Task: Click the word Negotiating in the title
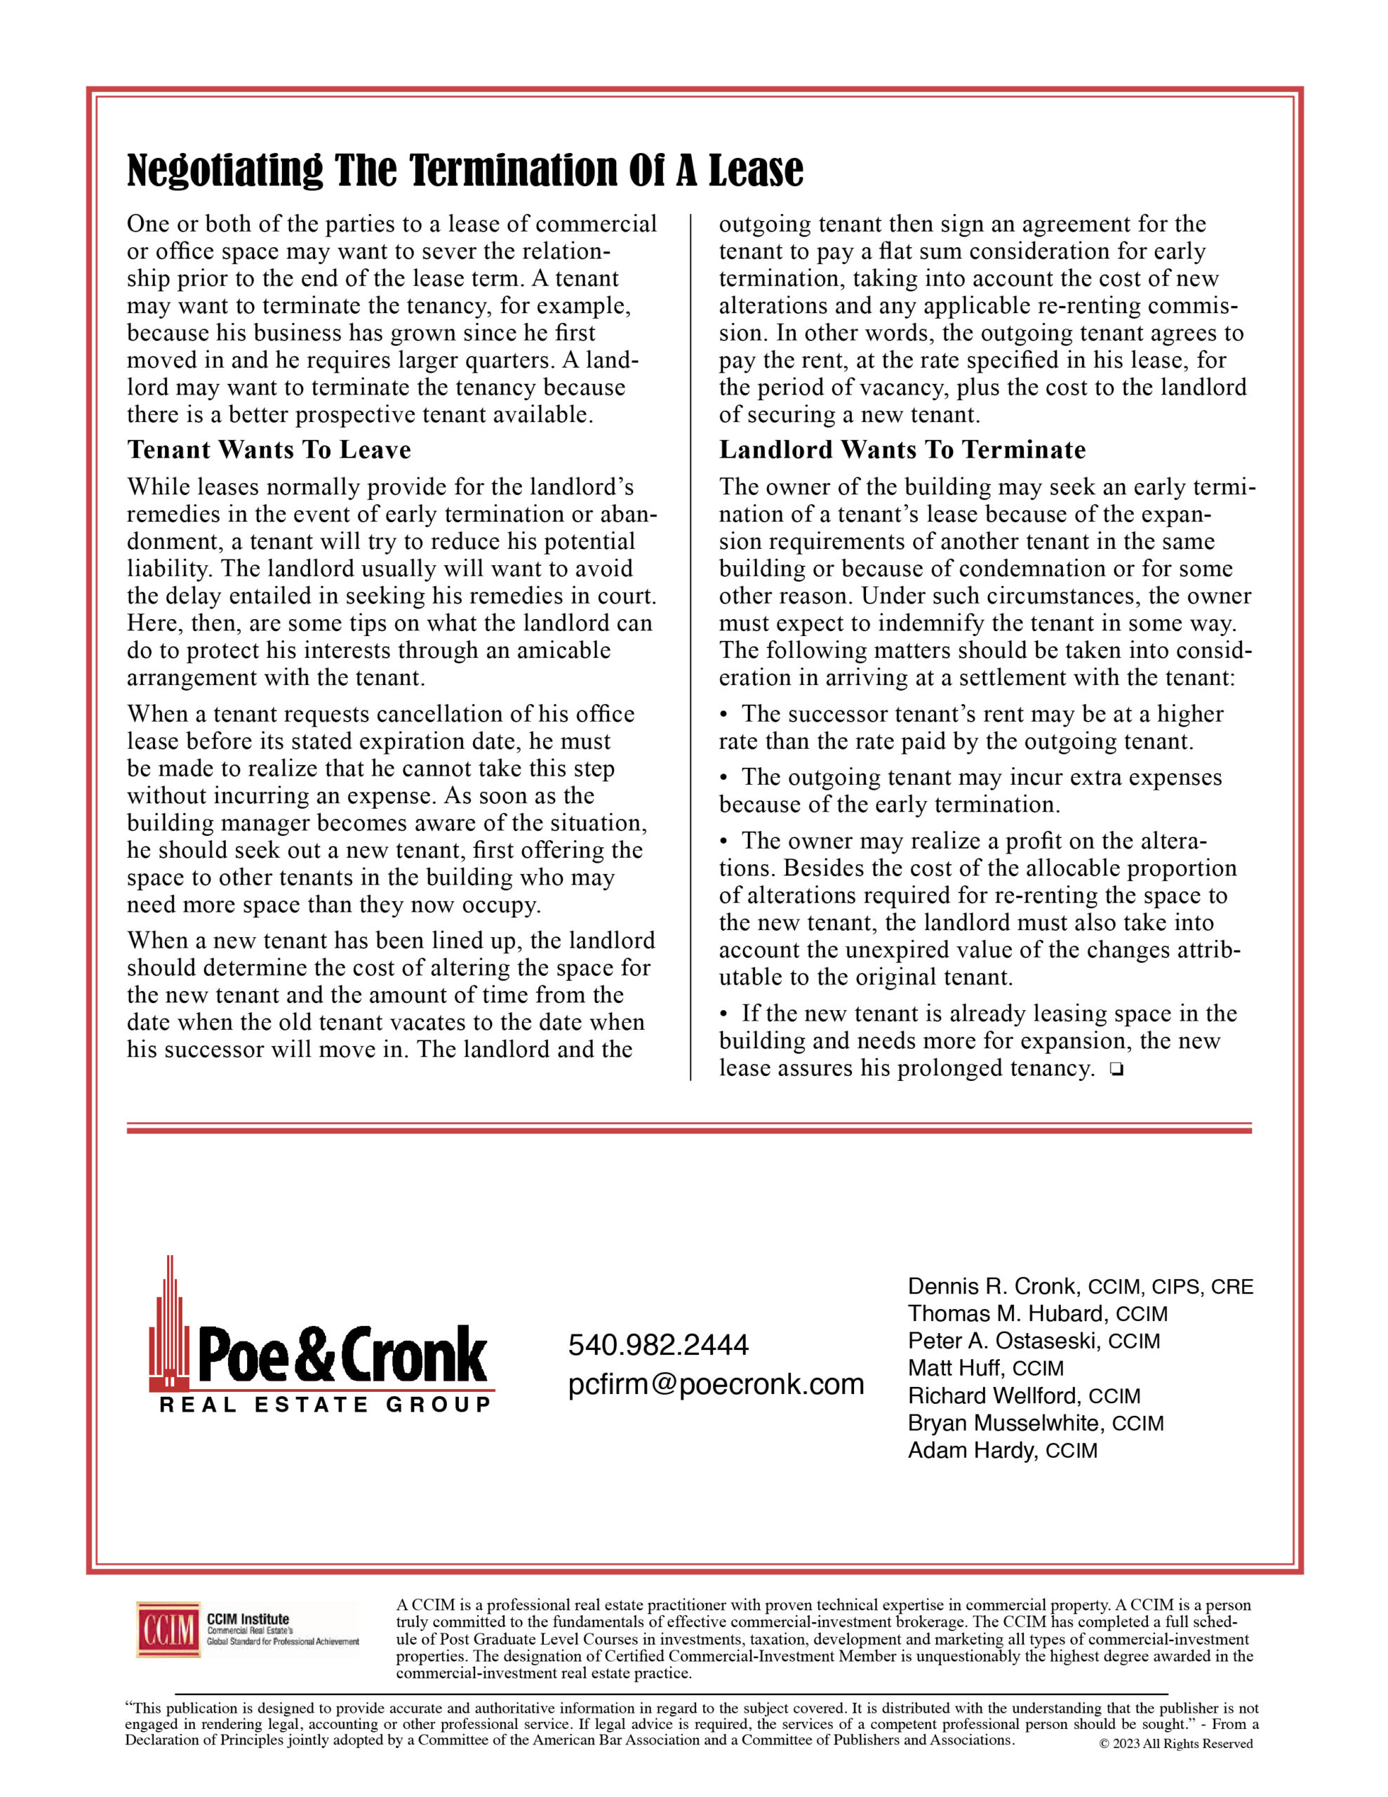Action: (225, 171)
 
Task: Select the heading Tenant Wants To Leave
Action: (269, 450)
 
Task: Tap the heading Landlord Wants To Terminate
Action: (902, 450)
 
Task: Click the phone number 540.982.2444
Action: (658, 1344)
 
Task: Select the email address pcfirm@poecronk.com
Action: (716, 1384)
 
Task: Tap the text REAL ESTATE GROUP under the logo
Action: (325, 1405)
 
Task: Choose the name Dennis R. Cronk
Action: (992, 1286)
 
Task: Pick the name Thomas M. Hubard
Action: (1005, 1313)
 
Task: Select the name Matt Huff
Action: (955, 1367)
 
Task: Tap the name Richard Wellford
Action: (993, 1395)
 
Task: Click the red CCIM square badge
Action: (168, 1629)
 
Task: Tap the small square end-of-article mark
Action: (1116, 1070)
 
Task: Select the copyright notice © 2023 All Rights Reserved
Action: (1175, 1744)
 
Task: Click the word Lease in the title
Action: (755, 171)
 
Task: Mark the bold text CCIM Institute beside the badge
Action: (248, 1619)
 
